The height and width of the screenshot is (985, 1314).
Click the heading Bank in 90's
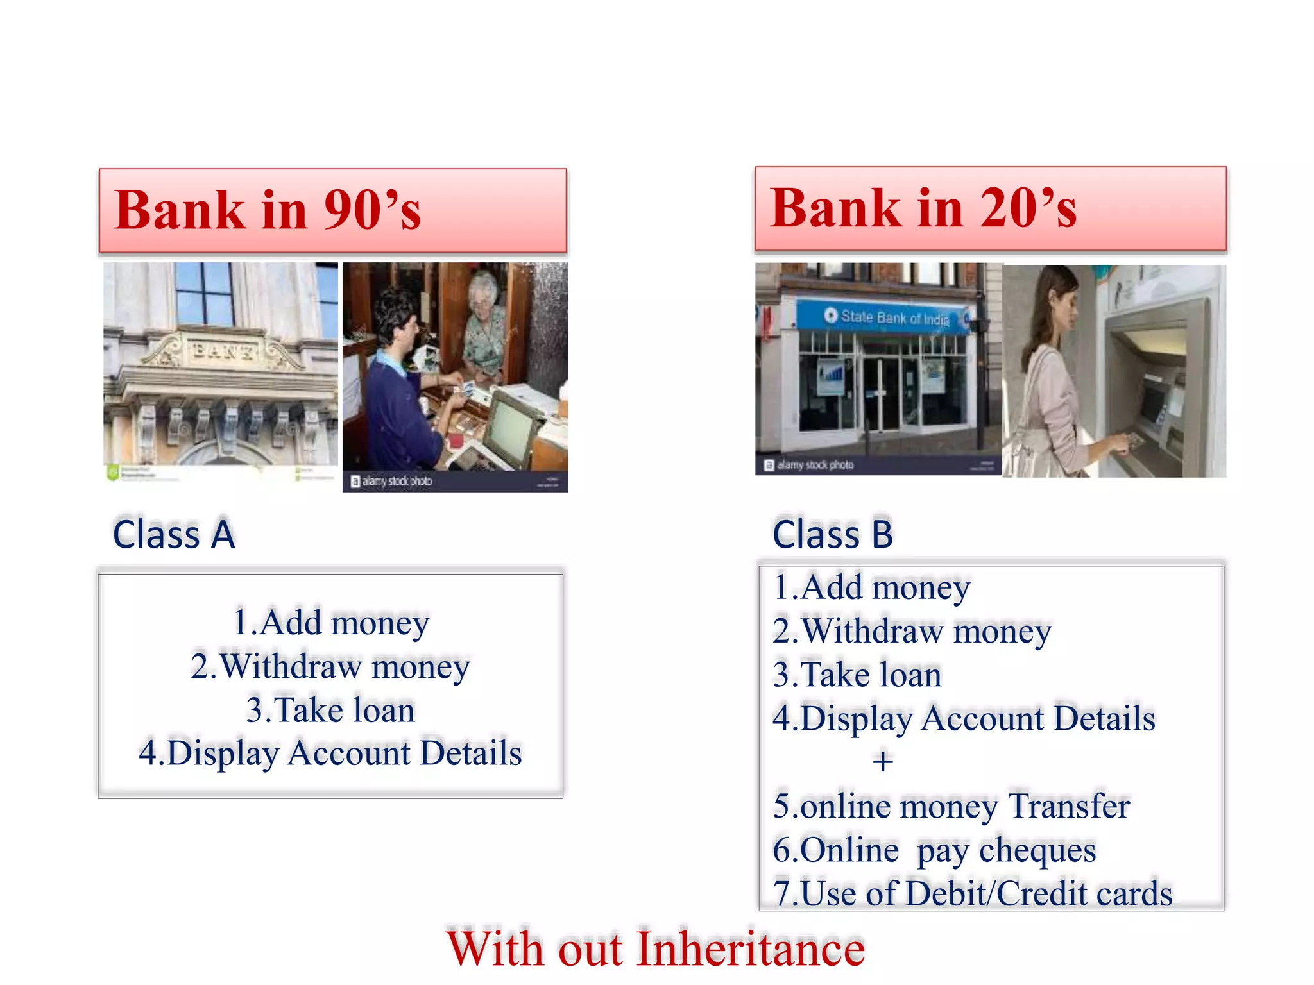(x=268, y=210)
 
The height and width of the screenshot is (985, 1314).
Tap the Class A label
(x=174, y=534)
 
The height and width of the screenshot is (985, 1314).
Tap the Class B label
(x=832, y=534)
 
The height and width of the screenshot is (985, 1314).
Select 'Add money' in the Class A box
(x=330, y=623)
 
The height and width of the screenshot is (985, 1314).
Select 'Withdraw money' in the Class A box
(x=330, y=666)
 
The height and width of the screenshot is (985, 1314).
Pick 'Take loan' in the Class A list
(x=330, y=710)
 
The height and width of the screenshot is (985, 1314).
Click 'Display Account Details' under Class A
(x=330, y=753)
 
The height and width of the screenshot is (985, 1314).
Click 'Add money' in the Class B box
(x=872, y=587)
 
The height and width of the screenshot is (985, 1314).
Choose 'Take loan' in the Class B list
(x=857, y=675)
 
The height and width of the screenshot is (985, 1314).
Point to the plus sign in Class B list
(x=883, y=762)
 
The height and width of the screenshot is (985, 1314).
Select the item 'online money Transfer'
(x=951, y=806)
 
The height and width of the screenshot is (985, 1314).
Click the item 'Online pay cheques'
(x=934, y=850)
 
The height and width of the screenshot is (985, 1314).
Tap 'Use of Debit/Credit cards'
(x=973, y=893)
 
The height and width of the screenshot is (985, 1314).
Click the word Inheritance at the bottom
(x=751, y=949)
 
